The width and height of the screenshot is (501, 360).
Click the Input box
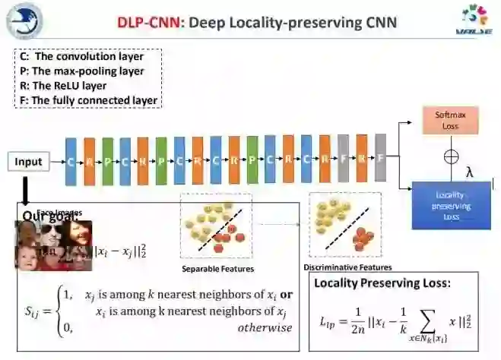tap(29, 162)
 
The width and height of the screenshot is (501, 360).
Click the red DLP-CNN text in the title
tap(149, 22)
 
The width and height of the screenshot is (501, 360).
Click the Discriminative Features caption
tap(347, 267)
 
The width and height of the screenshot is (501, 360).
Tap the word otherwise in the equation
tap(265, 328)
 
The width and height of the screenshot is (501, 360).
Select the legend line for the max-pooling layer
tap(90, 71)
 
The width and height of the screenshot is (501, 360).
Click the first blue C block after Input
tap(71, 162)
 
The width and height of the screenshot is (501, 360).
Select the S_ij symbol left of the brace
tap(34, 310)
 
